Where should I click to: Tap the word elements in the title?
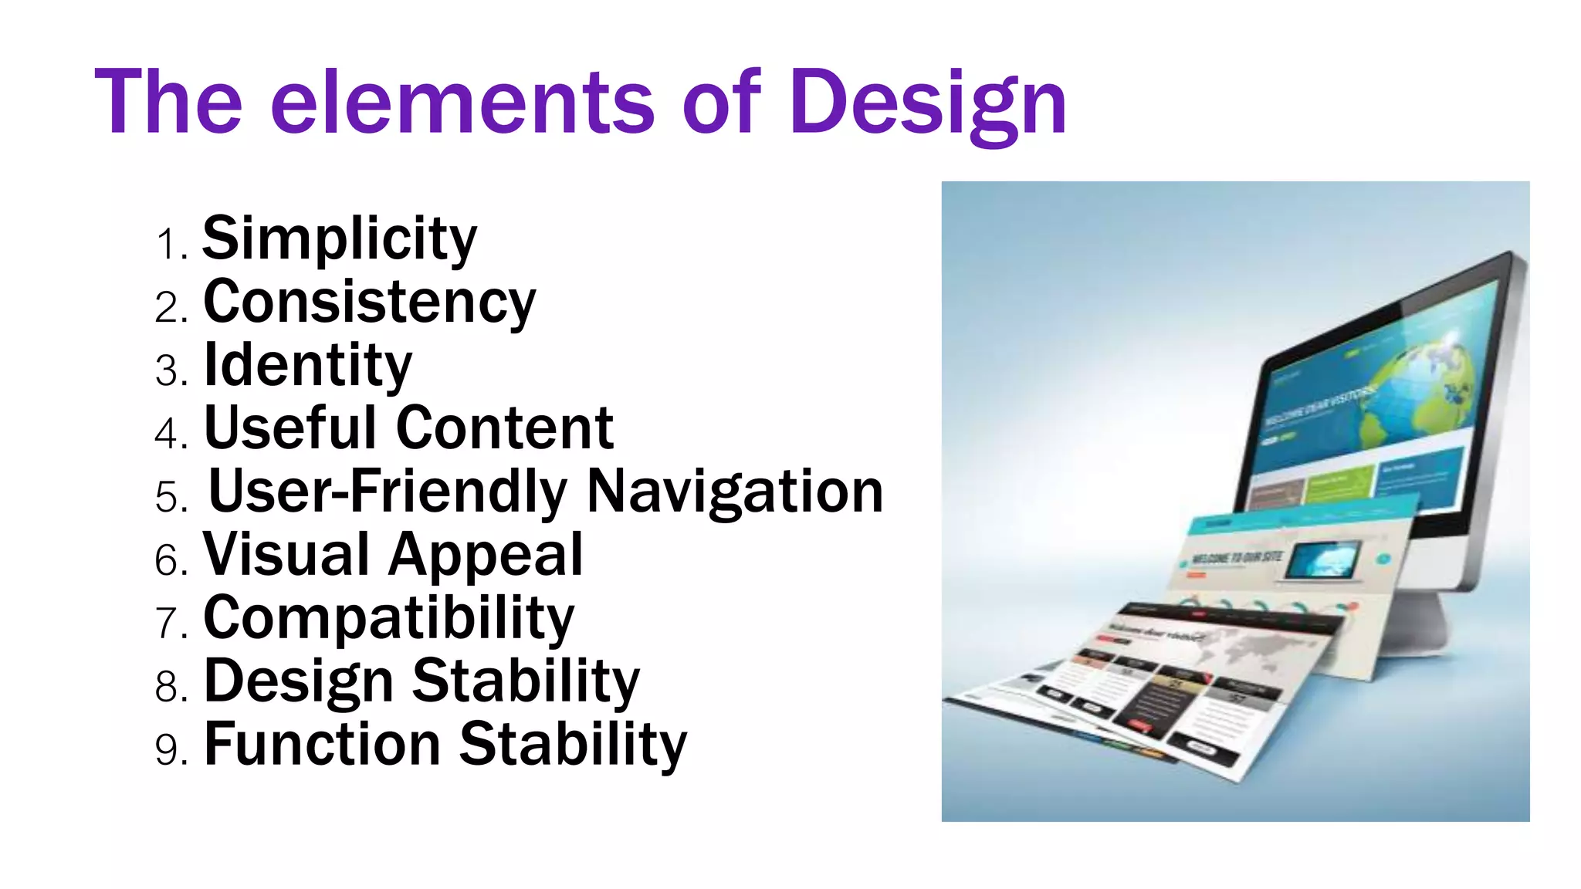(462, 103)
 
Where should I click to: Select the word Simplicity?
(340, 238)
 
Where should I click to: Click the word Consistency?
(369, 302)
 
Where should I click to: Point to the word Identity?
(307, 365)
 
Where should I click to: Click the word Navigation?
(735, 492)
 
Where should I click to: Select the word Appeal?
(486, 555)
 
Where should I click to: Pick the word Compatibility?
(389, 618)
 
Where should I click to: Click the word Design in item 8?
(299, 681)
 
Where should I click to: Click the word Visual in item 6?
(286, 555)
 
